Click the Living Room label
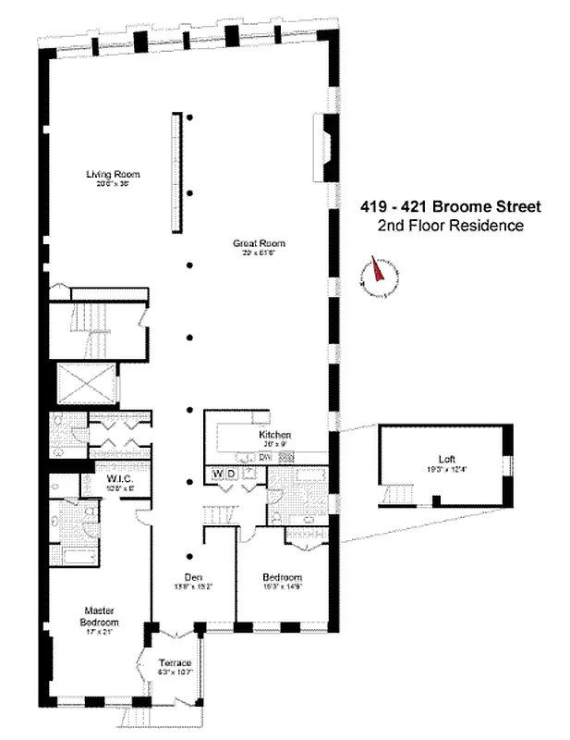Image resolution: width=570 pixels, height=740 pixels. click(106, 174)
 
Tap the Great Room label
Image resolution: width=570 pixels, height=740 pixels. click(260, 243)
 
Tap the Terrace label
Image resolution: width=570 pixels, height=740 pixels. click(175, 663)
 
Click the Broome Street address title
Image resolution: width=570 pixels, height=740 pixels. click(451, 207)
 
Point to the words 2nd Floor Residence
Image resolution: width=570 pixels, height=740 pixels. click(451, 226)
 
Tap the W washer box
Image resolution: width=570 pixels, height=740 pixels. click(219, 475)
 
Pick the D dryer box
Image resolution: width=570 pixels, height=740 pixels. click(233, 475)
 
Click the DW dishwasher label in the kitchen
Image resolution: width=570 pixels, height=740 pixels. click(264, 457)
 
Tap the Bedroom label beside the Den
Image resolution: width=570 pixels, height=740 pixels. click(281, 575)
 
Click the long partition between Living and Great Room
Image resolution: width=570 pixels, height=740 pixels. click(173, 172)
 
